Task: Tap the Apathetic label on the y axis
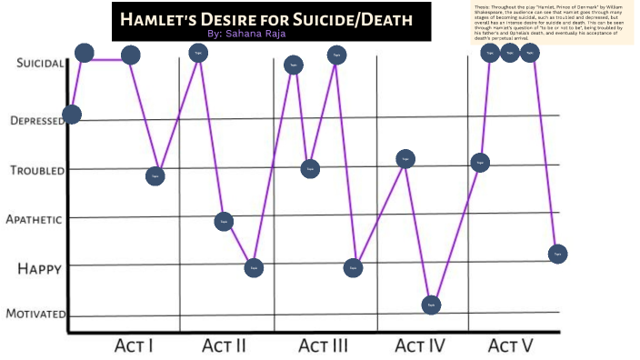(34, 219)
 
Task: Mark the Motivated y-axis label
(35, 314)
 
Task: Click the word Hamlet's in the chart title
(170, 19)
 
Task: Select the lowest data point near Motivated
(432, 305)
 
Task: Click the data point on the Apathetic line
(224, 221)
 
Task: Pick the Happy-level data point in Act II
(255, 267)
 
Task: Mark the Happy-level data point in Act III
(354, 267)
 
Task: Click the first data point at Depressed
(72, 115)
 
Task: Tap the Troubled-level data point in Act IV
(405, 158)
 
